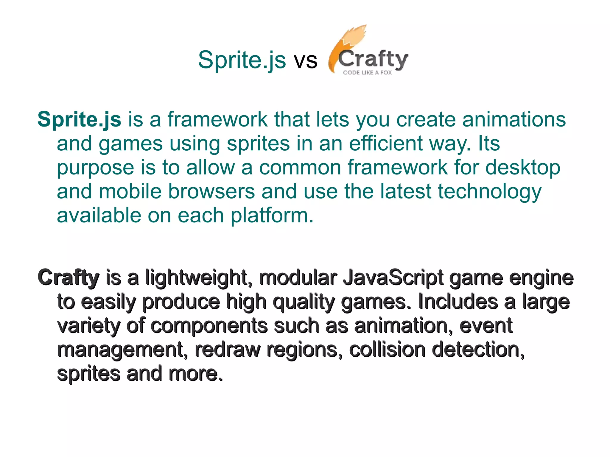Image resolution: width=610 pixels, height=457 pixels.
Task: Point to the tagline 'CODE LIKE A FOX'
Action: tap(367, 73)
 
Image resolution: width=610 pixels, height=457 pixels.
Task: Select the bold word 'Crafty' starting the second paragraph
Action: tap(68, 278)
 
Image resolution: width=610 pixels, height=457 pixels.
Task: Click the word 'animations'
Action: tap(514, 119)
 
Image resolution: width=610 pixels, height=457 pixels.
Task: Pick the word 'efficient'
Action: tap(386, 144)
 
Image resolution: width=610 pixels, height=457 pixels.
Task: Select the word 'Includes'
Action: tap(458, 301)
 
